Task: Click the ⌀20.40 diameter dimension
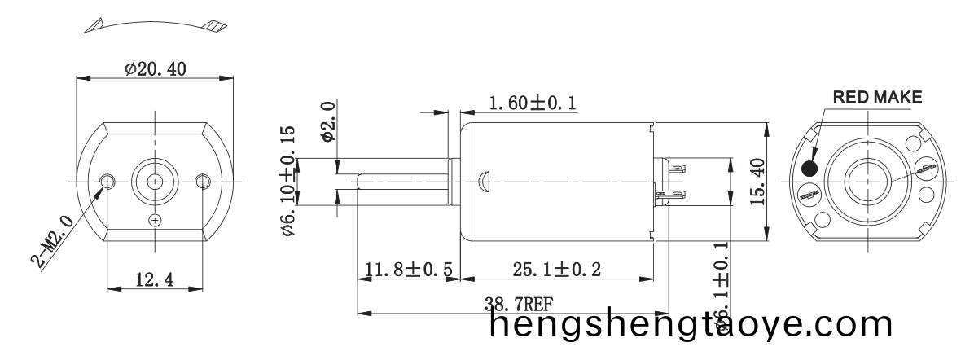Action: pos(155,70)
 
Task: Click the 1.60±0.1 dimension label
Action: pos(533,103)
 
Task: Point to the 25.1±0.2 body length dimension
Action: pos(557,269)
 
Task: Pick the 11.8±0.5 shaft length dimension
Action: pos(409,269)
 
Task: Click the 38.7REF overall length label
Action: pos(519,305)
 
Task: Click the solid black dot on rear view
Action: pos(810,169)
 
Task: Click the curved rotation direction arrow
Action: pos(154,24)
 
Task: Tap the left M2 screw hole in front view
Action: pos(107,179)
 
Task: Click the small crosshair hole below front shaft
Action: pos(155,220)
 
